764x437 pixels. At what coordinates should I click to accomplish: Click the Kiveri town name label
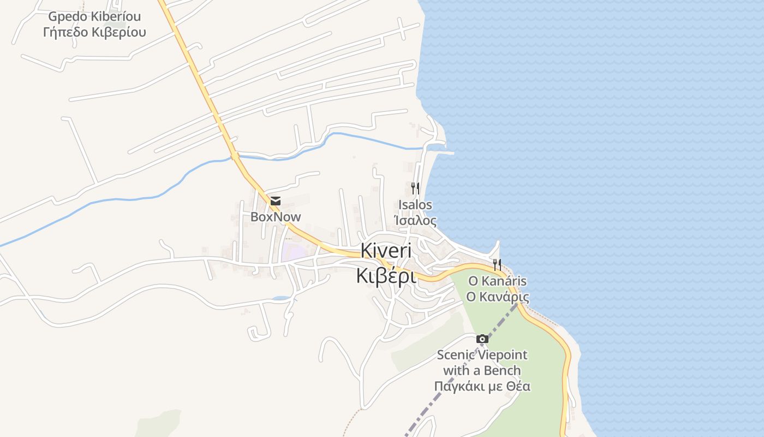(386, 251)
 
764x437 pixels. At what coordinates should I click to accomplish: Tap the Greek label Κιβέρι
(386, 276)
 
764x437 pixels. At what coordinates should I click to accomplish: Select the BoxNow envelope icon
(276, 201)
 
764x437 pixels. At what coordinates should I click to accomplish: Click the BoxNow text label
(276, 217)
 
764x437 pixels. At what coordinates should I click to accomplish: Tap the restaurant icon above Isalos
(415, 189)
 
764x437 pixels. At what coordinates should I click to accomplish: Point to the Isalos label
(415, 205)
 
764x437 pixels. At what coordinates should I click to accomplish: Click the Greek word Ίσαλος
(415, 221)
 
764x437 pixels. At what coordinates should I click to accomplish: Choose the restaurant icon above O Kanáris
(497, 265)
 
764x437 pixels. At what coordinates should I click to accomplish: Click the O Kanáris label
(497, 281)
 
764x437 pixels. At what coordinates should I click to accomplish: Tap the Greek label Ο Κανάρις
(497, 297)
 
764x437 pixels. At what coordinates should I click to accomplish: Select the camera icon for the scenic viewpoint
(482, 339)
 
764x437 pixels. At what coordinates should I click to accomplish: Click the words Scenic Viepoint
(482, 355)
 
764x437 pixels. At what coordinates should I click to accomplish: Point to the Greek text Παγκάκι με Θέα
(482, 387)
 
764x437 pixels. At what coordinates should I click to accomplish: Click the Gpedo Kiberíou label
(94, 16)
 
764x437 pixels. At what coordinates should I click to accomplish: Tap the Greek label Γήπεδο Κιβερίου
(94, 32)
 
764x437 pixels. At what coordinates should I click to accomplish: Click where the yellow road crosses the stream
(235, 156)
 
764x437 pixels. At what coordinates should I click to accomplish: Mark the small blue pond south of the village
(282, 298)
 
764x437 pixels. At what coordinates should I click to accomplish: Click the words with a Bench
(482, 371)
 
